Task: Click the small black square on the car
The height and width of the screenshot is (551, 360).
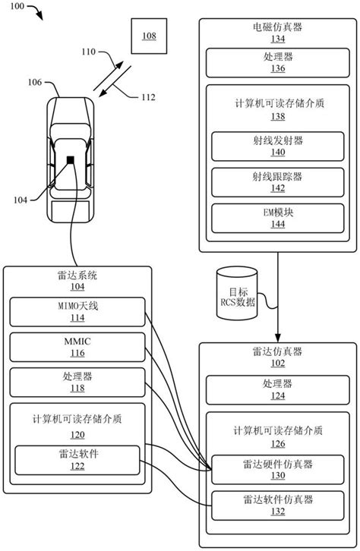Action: [69, 160]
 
